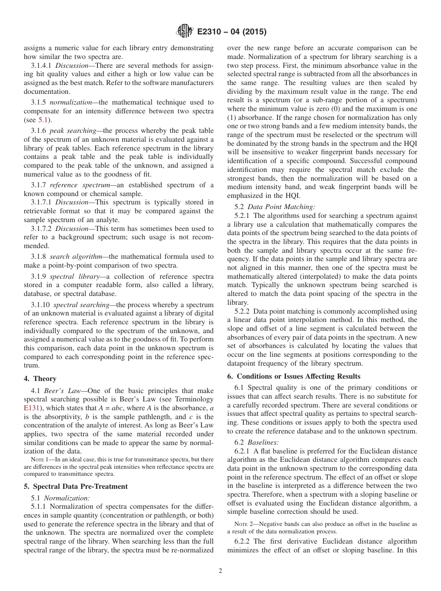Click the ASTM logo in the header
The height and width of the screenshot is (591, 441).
(185, 32)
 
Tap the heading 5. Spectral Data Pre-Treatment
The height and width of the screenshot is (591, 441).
(76, 486)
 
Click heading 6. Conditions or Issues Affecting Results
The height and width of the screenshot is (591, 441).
(294, 376)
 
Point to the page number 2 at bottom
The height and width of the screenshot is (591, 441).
(220, 571)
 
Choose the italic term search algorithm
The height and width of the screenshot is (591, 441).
(72, 256)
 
